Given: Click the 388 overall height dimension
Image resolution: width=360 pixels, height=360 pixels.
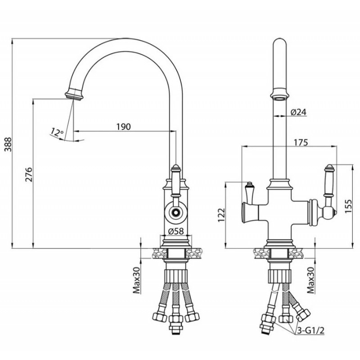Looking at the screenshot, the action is pyautogui.click(x=8, y=144).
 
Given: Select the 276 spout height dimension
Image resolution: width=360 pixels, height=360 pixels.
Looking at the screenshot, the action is pyautogui.click(x=29, y=175).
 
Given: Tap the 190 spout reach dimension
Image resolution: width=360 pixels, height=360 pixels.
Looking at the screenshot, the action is pyautogui.click(x=123, y=126).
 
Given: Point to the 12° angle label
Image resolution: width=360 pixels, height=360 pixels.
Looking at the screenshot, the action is pyautogui.click(x=57, y=132).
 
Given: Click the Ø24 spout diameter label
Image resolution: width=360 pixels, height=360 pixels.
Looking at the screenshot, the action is pyautogui.click(x=298, y=112).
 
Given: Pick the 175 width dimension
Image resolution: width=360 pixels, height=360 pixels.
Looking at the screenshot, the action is pyautogui.click(x=301, y=142).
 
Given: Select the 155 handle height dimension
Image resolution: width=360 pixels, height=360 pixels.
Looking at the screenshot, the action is pyautogui.click(x=348, y=206).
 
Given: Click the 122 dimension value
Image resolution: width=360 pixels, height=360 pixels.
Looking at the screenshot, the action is pyautogui.click(x=221, y=215).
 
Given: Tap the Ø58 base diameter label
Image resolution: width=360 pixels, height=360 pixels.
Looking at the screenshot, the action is pyautogui.click(x=176, y=231).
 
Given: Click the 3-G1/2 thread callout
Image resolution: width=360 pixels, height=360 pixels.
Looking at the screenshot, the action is pyautogui.click(x=310, y=331).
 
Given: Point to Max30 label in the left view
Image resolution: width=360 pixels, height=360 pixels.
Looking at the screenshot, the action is pyautogui.click(x=137, y=280).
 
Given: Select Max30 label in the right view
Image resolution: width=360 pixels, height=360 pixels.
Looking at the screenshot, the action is pyautogui.click(x=310, y=280).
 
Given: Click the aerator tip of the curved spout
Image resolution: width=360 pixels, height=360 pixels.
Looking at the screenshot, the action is pyautogui.click(x=74, y=96).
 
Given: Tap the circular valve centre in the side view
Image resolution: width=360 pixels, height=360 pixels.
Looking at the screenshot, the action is pyautogui.click(x=176, y=212).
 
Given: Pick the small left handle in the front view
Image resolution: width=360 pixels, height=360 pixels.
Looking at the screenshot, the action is pyautogui.click(x=249, y=193).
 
